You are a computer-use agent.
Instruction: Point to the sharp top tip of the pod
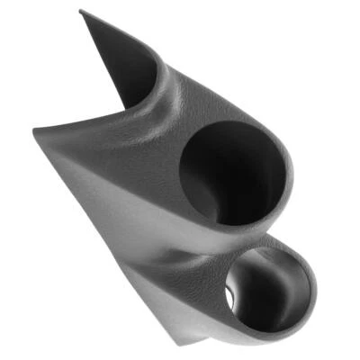click(x=80, y=12)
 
